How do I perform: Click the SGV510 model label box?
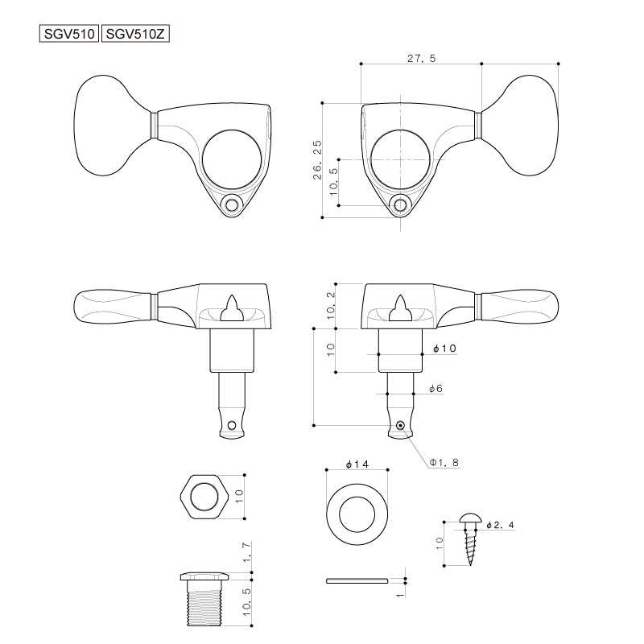tap(69, 33)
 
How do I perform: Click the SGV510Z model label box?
tap(135, 33)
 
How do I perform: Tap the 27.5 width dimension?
tap(421, 58)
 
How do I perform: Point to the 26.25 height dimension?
tap(317, 159)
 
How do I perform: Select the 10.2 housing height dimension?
tap(331, 306)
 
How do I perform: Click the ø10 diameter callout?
tap(445, 349)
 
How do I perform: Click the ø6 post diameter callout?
tap(436, 389)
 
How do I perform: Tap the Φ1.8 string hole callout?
tap(444, 462)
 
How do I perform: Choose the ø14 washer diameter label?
tap(357, 464)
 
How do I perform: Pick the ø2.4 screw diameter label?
tap(500, 525)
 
